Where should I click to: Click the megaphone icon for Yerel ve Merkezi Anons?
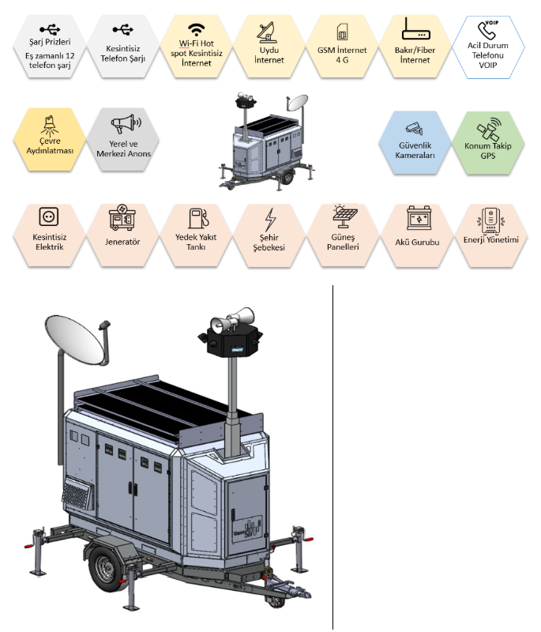tap(124, 125)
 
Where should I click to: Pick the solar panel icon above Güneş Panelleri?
tap(343, 216)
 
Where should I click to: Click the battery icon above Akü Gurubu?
tap(416, 216)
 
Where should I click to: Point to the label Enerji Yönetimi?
tap(490, 239)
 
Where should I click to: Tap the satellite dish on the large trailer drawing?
tap(75, 342)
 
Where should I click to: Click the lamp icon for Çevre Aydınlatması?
tap(49, 124)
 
